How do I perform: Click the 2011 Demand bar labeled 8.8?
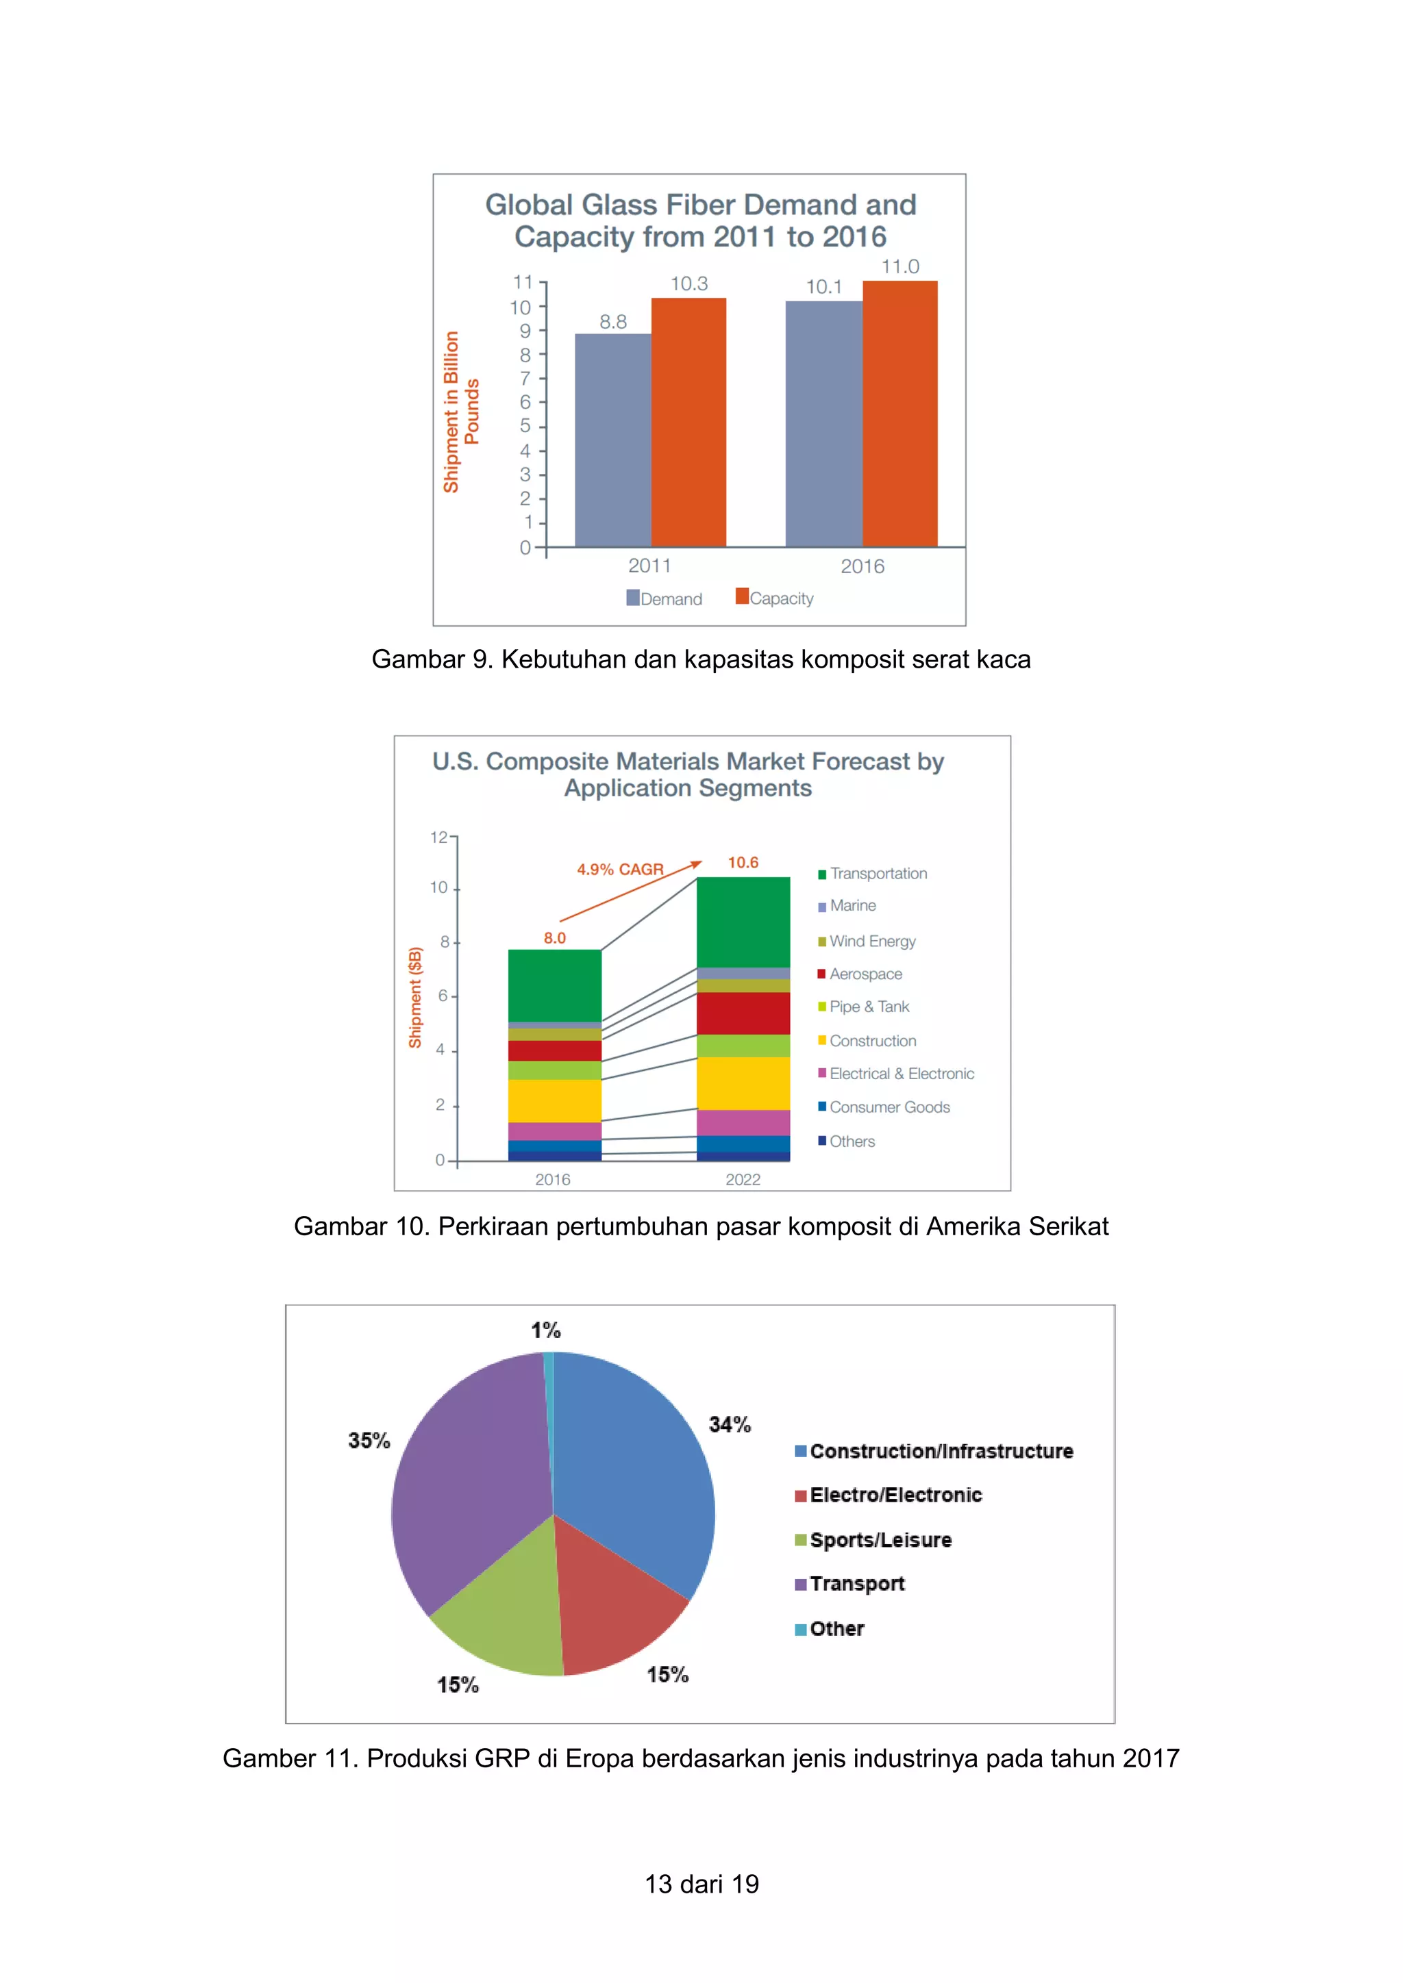point(612,440)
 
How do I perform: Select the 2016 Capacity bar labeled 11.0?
point(899,414)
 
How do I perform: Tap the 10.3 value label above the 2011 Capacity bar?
point(688,284)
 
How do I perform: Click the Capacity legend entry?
point(775,598)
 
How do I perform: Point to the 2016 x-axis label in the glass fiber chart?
point(862,566)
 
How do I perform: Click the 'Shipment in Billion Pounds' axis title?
point(460,412)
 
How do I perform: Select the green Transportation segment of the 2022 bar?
point(743,922)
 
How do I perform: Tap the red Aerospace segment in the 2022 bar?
point(743,1013)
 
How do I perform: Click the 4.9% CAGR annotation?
point(620,869)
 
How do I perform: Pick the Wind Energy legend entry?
point(867,942)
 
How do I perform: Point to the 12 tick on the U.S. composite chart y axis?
point(439,837)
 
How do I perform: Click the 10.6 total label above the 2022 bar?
point(743,863)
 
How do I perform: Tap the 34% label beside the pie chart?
point(730,1424)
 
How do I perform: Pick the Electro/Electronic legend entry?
point(890,1495)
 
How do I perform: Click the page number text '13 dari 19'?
point(701,1884)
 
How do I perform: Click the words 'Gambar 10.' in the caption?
point(361,1226)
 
